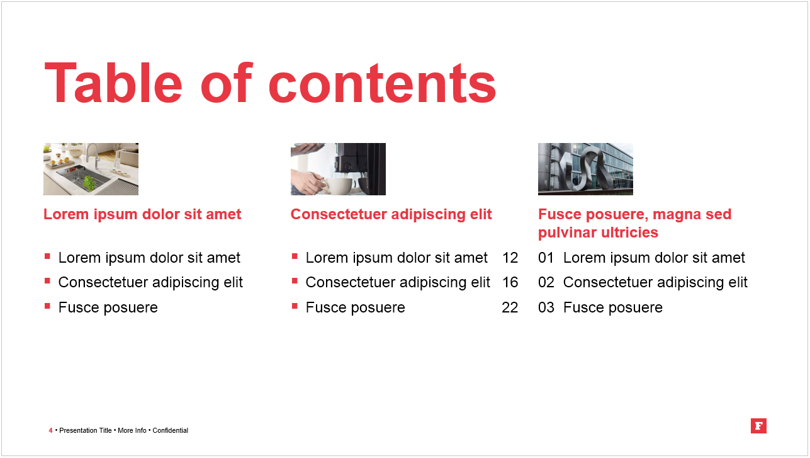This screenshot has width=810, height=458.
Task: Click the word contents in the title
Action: (x=382, y=83)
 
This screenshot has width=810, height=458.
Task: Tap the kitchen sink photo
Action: (x=91, y=169)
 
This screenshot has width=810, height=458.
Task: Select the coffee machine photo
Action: (x=338, y=169)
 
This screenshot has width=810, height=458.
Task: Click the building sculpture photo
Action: (x=585, y=169)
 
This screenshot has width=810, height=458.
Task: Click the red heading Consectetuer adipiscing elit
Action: (x=391, y=214)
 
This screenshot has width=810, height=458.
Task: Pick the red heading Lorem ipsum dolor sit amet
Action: (x=142, y=214)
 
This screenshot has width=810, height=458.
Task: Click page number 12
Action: (x=510, y=258)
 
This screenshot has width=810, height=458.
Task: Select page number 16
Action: (x=510, y=282)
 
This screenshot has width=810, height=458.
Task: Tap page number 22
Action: (x=510, y=307)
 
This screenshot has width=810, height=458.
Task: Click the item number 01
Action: (x=546, y=258)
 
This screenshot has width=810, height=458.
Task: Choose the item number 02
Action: (x=546, y=282)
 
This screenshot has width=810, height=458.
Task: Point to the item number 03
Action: (x=546, y=307)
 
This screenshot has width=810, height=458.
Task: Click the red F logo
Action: (x=758, y=426)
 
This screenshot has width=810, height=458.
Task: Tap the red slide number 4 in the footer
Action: (x=50, y=430)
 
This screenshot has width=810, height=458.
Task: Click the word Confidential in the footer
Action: (x=171, y=430)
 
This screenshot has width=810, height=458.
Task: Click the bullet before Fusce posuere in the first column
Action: (x=47, y=306)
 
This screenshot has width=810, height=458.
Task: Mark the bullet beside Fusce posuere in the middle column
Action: (x=295, y=306)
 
